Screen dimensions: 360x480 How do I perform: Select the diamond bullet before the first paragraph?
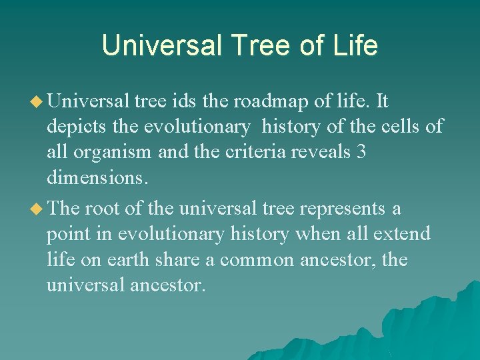tap(38, 101)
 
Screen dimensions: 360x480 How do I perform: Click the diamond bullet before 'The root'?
tap(38, 209)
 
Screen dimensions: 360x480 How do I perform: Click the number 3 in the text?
tap(361, 153)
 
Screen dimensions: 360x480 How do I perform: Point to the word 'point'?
tap(67, 234)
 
